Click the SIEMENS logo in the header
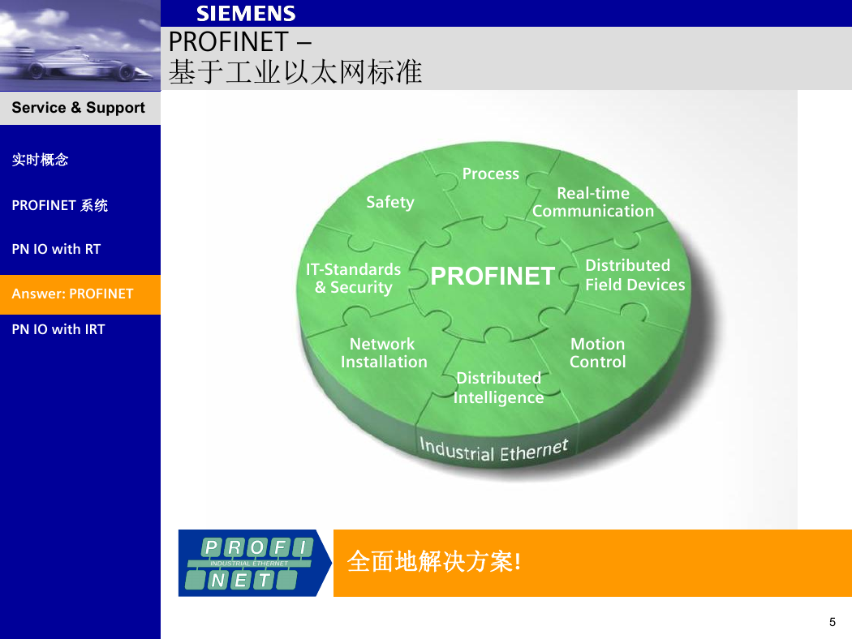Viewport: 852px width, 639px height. tap(246, 14)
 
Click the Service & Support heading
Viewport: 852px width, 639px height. tap(78, 108)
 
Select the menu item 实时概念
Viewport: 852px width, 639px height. tap(41, 160)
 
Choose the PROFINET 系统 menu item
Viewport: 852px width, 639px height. tap(60, 205)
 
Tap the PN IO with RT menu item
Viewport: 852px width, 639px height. tap(56, 249)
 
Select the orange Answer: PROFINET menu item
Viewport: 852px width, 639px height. tap(80, 294)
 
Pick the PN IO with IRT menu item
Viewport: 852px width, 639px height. tap(58, 329)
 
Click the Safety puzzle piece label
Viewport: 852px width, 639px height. tap(390, 202)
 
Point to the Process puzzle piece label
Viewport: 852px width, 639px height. tap(491, 174)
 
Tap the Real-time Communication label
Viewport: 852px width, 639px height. tap(593, 202)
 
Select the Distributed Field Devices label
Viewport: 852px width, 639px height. tap(635, 275)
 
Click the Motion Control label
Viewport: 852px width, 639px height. tap(598, 353)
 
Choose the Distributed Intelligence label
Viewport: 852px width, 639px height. tap(498, 388)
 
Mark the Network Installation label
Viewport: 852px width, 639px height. tap(384, 353)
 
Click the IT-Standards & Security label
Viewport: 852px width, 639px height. tap(353, 278)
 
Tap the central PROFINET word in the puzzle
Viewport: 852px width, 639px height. tap(493, 276)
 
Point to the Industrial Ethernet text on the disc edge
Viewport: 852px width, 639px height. tap(493, 450)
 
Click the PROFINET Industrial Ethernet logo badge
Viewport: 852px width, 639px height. tap(255, 563)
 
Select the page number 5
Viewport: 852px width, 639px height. tap(833, 622)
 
